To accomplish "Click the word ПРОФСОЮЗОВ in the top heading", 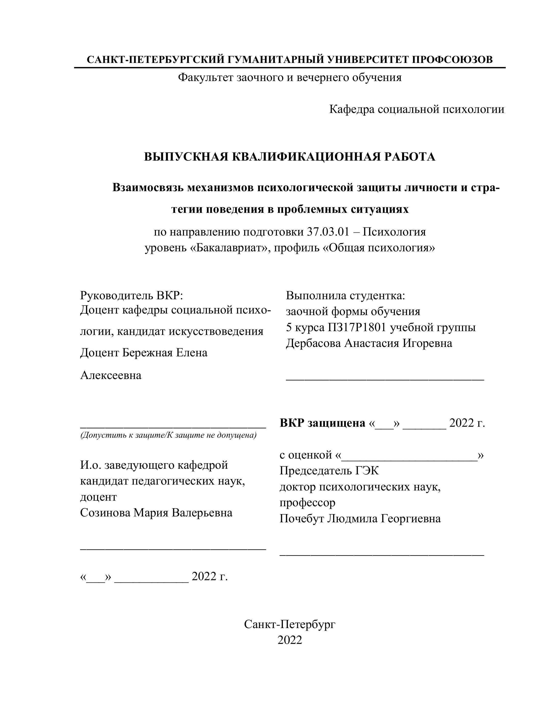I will point(452,60).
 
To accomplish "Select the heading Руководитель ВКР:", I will point(131,295).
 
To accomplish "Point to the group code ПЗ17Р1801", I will point(357,327).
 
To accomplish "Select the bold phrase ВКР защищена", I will point(322,423).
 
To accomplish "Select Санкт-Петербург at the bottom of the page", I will point(290,624).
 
